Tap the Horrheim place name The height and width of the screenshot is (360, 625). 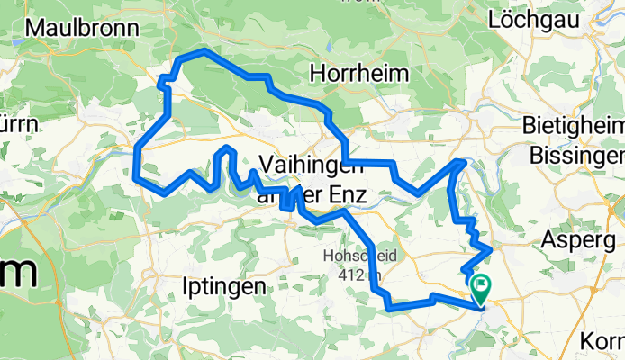click(358, 72)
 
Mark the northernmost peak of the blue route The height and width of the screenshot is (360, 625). click(204, 51)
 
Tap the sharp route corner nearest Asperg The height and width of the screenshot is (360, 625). click(491, 247)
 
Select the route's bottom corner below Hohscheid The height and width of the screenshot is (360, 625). click(389, 309)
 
